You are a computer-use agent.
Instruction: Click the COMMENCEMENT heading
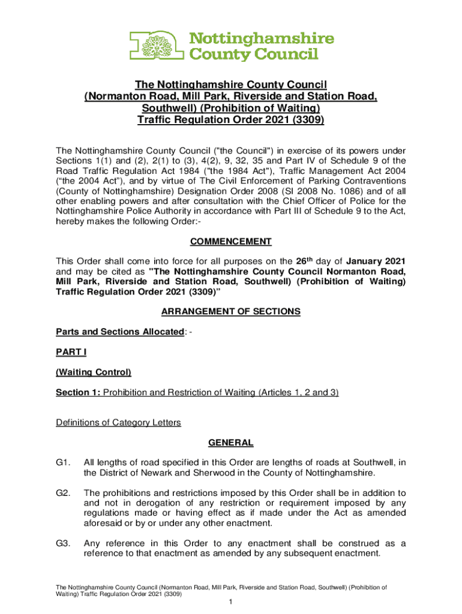(231, 242)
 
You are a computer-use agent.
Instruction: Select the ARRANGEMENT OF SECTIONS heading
(231, 312)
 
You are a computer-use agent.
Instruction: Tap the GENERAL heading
(231, 443)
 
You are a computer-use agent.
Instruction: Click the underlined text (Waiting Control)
(94, 372)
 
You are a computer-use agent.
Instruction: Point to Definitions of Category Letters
(118, 423)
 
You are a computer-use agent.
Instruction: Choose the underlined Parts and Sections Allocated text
(120, 332)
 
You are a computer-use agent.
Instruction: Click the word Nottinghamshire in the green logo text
(262, 40)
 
